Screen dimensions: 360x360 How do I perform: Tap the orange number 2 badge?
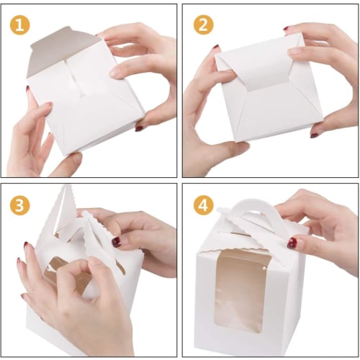(204, 24)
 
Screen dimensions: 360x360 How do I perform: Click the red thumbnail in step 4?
(292, 243)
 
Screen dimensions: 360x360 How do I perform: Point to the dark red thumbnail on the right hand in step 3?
(115, 242)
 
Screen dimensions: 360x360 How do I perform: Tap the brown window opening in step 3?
(65, 277)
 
